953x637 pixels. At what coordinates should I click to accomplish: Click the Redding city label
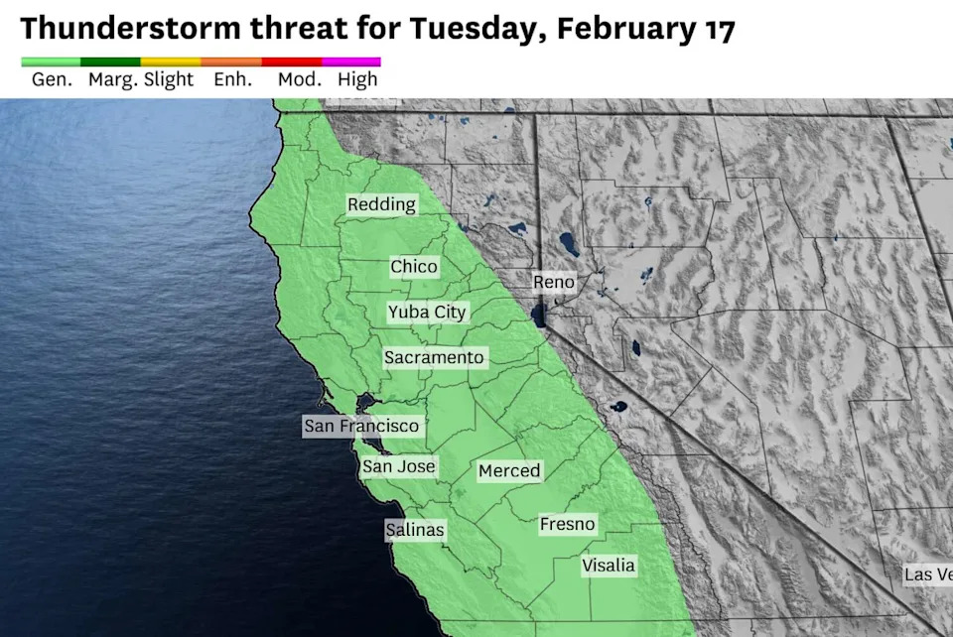[x=382, y=204]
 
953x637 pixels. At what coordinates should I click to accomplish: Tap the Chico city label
[x=414, y=267]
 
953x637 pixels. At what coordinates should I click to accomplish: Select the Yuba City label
[x=427, y=312]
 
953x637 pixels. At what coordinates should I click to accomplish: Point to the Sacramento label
[x=435, y=357]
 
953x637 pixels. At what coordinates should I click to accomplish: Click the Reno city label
[x=554, y=282]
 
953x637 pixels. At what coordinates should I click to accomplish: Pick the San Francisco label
[x=362, y=426]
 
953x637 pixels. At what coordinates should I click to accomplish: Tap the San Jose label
[x=398, y=466]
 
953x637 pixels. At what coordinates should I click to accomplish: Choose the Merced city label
[x=509, y=471]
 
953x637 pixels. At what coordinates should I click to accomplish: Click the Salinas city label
[x=415, y=530]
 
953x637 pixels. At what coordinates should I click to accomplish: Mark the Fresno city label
[x=568, y=524]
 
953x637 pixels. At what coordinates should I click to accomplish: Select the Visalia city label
[x=609, y=566]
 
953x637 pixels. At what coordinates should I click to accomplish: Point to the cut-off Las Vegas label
[x=927, y=574]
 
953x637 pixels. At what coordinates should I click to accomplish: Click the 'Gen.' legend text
[x=52, y=80]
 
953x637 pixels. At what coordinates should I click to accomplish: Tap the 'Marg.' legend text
[x=112, y=80]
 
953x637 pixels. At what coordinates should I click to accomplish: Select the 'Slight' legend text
[x=169, y=80]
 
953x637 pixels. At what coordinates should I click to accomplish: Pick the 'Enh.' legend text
[x=232, y=80]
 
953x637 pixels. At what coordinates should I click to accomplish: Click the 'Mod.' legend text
[x=299, y=80]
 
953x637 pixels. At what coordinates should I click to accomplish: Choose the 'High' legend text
[x=357, y=80]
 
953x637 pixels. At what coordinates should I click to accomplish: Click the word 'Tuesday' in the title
[x=469, y=30]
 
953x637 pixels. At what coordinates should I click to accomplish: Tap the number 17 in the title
[x=719, y=30]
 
